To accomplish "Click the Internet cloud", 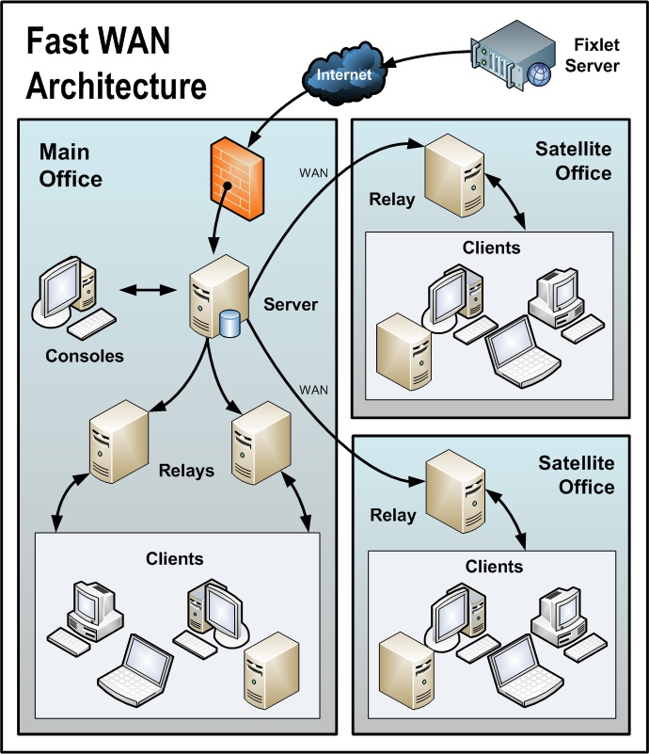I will (x=344, y=73).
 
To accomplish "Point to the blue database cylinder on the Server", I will (x=230, y=324).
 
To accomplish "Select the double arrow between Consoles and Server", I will (x=149, y=290).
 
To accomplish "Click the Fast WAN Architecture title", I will (x=115, y=64).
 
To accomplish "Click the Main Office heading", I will (x=71, y=165).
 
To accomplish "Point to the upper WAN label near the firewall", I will (x=312, y=172).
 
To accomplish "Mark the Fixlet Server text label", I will (x=596, y=55).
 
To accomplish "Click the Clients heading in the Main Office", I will (x=174, y=558).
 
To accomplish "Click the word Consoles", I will (x=85, y=356).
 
